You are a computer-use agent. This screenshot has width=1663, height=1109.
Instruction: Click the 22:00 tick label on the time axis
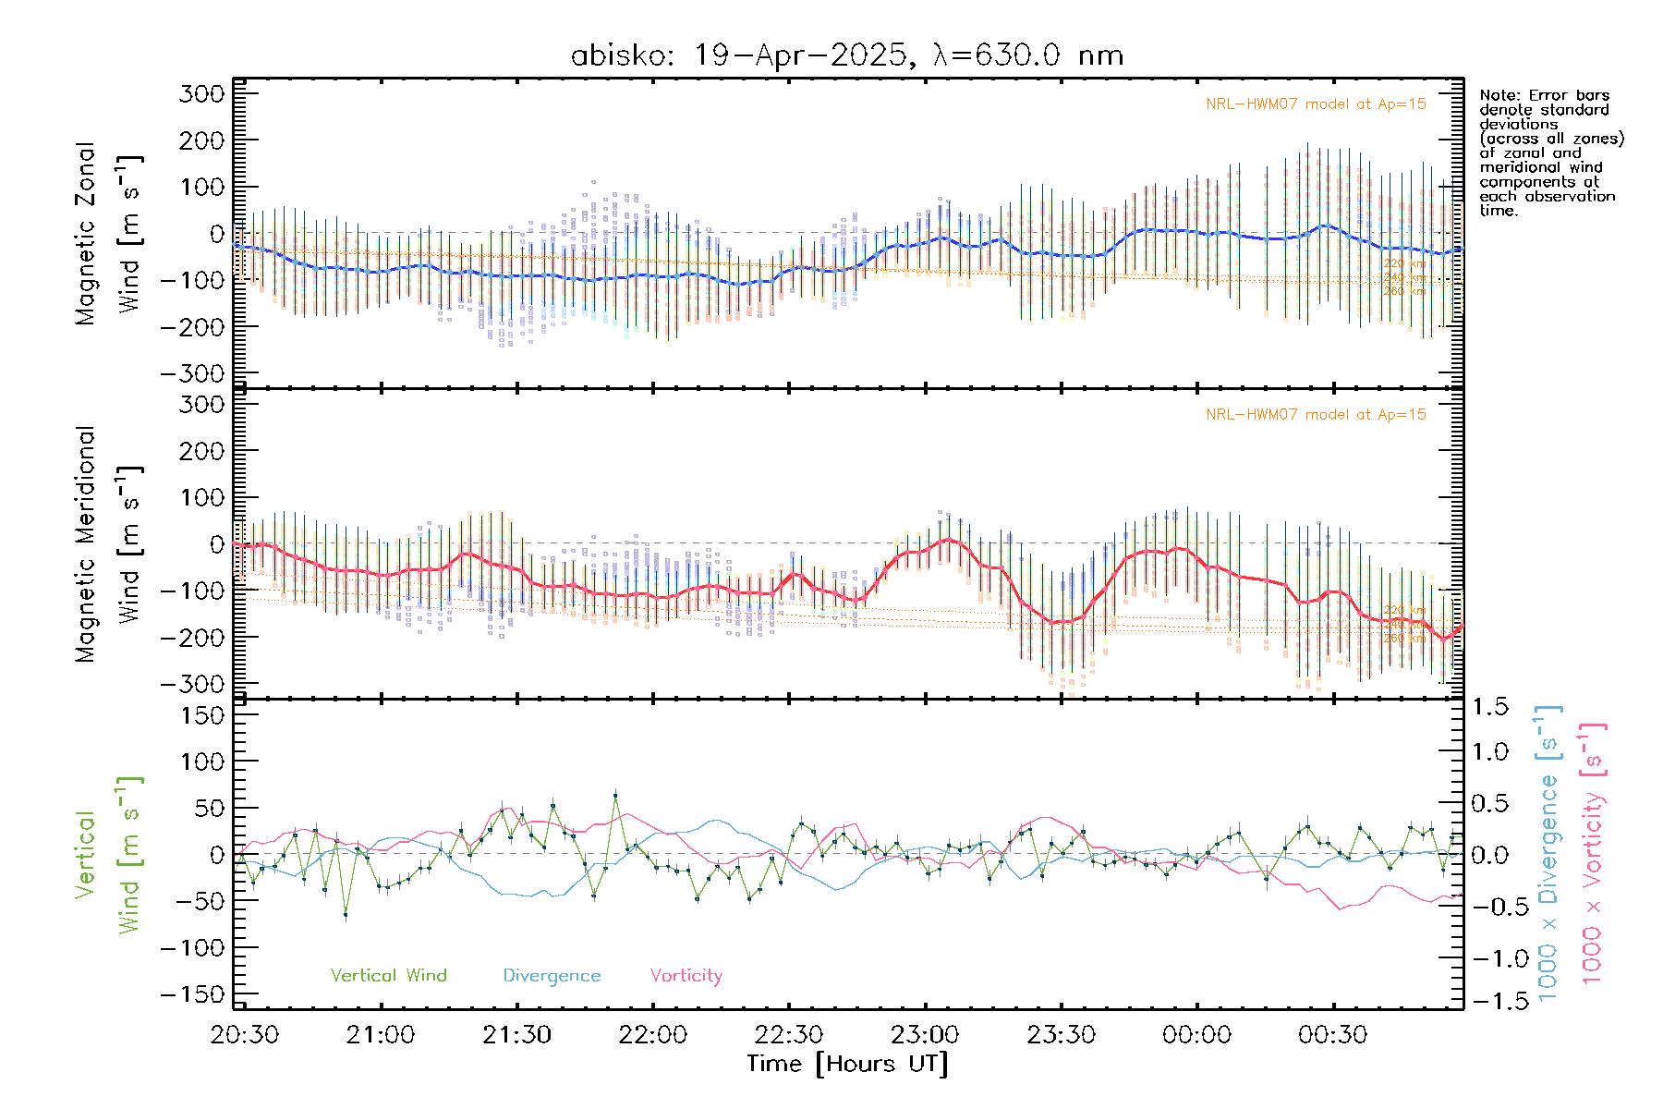652,1034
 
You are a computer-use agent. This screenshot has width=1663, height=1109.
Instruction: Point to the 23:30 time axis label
1061,1034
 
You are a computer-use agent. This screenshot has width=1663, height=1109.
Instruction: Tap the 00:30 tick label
1332,1034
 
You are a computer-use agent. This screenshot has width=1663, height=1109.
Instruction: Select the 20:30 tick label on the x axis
245,1034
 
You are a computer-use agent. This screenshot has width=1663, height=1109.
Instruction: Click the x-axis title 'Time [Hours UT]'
847,1064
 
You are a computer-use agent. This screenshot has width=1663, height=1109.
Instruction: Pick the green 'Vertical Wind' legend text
388,975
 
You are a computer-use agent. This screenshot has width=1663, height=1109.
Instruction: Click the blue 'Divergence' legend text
552,975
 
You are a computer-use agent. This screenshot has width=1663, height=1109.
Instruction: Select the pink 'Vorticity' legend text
686,975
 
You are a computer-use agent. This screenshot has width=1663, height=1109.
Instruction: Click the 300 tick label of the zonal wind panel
202,93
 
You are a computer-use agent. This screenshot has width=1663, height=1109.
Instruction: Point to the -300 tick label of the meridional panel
193,684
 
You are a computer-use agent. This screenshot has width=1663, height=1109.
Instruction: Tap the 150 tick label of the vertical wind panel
202,715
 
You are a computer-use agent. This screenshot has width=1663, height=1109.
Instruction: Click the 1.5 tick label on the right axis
1490,707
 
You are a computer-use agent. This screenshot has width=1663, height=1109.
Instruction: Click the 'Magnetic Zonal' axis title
85,233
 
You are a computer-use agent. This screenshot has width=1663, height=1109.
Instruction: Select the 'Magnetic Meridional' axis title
85,543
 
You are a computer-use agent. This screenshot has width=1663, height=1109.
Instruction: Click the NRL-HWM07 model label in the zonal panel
1316,104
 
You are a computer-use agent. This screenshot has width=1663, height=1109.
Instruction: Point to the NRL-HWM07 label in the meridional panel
1316,415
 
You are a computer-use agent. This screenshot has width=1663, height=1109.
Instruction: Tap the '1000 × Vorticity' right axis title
1592,852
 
